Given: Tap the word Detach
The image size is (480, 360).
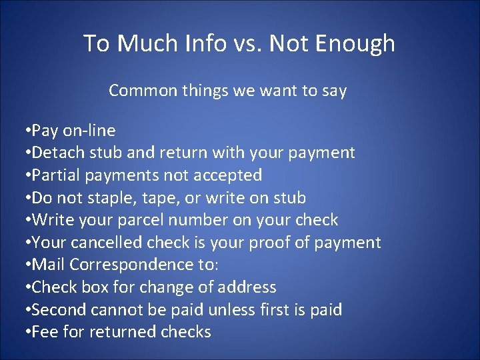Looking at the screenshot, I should (55, 153).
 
